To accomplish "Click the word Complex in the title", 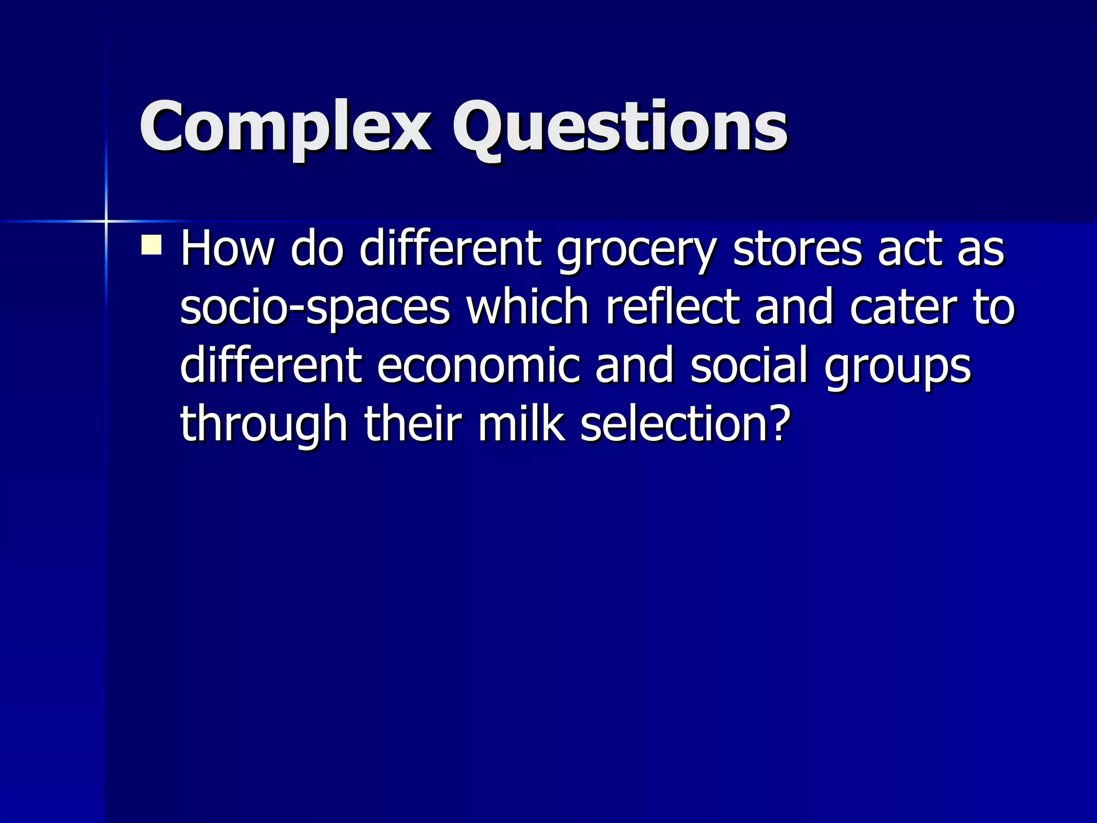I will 285,127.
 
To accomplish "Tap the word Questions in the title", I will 620,127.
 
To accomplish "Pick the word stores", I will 798,249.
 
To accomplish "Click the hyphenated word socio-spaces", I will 315,308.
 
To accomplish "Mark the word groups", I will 897,368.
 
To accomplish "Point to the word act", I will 910,249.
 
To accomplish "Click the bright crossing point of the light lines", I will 106,221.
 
